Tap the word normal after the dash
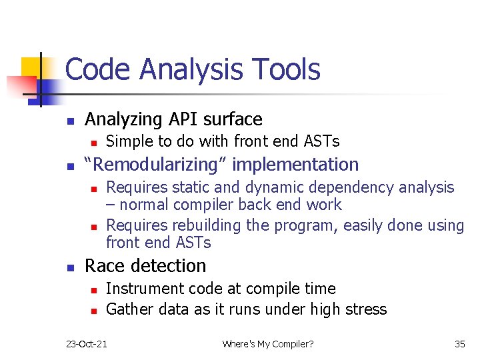141,205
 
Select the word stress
366,309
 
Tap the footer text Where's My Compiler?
268,344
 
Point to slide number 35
459,344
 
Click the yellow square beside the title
32,67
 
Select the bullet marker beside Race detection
69,267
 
